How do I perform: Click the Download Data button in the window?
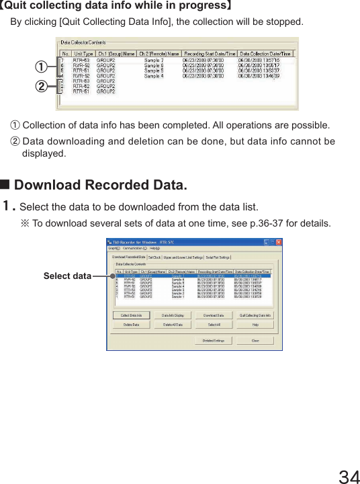coord(213,315)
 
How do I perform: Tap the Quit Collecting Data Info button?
coord(255,315)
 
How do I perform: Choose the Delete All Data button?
coord(172,324)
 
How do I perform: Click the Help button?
coord(255,324)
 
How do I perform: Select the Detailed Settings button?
coord(213,340)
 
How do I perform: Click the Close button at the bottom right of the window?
coord(255,340)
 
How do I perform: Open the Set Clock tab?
coord(154,257)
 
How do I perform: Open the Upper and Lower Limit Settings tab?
coord(183,257)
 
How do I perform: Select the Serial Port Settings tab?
coord(218,257)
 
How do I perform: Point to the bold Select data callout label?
coord(68,276)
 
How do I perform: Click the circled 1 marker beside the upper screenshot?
coord(41,68)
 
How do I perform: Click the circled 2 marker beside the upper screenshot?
coord(41,87)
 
